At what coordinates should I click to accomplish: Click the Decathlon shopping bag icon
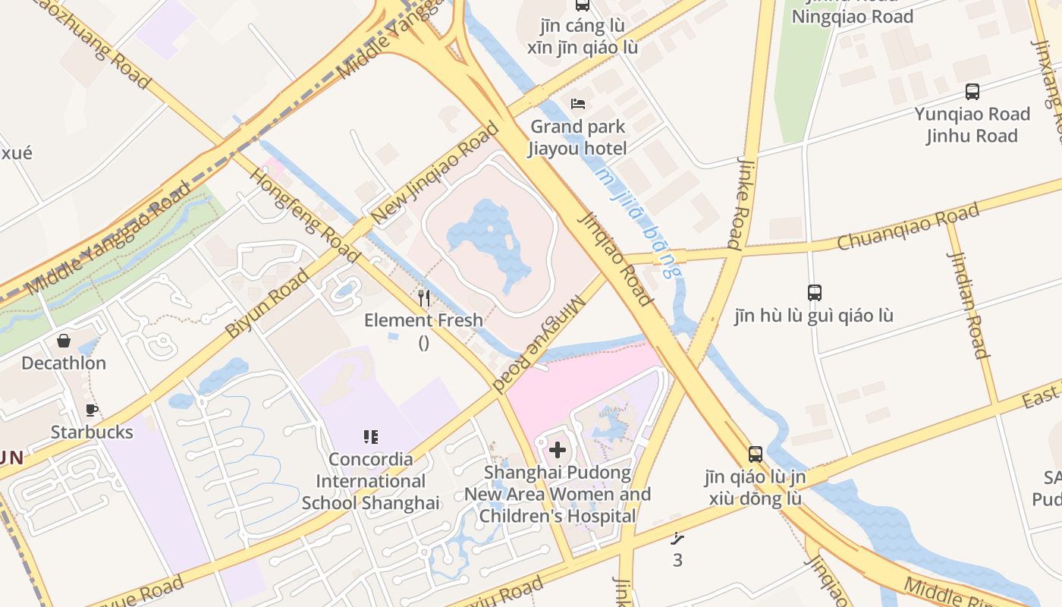point(64,341)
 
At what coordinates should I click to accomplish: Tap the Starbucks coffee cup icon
point(92,410)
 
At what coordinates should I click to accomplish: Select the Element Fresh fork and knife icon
point(424,298)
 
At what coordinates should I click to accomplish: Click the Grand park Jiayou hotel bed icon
point(578,104)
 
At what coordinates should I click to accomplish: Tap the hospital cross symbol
point(558,450)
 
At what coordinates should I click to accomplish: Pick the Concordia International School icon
point(370,436)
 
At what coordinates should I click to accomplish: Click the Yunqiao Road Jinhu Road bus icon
point(972,92)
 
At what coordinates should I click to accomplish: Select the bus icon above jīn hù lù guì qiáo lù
point(814,292)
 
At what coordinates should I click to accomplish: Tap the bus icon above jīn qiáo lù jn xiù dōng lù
point(756,454)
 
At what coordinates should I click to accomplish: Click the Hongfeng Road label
point(304,215)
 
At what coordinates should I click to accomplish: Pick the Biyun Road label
point(267,303)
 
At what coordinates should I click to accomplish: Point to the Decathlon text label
point(64,363)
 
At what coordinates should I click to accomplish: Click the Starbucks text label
point(92,432)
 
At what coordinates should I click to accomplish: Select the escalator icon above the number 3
point(677,539)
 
